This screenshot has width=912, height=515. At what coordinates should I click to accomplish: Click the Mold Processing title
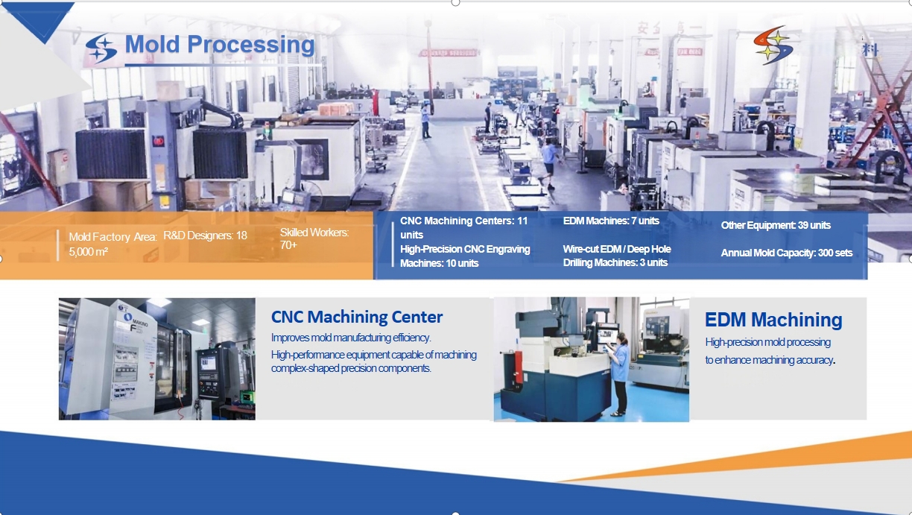220,44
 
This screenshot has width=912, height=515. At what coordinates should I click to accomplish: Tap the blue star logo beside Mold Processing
101,48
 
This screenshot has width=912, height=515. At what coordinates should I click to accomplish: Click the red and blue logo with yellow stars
773,45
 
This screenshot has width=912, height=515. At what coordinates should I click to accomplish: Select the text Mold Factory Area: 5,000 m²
113,244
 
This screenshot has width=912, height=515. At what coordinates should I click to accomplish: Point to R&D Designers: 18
205,236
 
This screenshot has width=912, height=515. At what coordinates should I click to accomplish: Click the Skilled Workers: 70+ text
314,238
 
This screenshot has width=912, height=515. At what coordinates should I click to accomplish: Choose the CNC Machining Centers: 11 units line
463,227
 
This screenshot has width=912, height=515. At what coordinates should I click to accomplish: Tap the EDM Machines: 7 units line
611,221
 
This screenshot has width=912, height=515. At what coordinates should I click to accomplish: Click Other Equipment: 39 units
776,225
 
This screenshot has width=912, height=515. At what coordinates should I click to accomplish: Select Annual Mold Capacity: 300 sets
787,253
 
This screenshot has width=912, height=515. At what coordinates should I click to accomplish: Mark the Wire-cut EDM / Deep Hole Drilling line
617,256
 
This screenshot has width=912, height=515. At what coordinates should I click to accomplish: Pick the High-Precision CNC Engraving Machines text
465,256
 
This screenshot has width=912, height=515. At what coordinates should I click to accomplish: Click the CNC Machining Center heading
357,317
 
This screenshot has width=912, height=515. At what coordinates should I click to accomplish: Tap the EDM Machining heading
773,320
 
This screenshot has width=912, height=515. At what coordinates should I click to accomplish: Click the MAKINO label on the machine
139,320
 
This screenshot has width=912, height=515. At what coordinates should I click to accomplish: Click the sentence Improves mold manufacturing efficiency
351,338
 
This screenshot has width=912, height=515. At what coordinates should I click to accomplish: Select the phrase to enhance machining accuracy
770,360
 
